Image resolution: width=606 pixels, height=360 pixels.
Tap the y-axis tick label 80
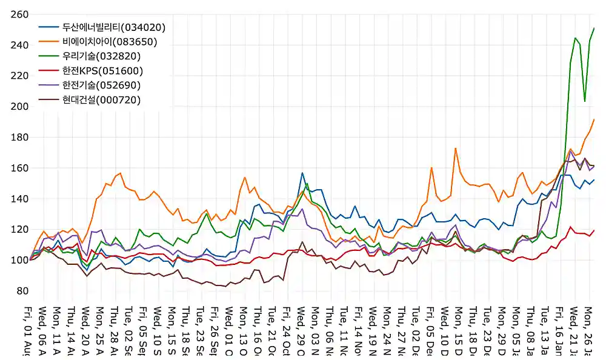21,291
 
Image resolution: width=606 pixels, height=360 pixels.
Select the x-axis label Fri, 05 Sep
143,331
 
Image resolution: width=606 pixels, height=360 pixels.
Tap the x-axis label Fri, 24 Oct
287,331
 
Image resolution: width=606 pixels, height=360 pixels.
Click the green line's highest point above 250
594,28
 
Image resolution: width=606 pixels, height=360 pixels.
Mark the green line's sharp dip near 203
585,101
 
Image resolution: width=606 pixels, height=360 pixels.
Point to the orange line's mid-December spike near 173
455,148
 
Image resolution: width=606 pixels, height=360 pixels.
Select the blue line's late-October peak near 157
302,173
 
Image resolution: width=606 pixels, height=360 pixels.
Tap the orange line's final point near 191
594,119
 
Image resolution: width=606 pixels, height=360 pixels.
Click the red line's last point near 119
594,230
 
